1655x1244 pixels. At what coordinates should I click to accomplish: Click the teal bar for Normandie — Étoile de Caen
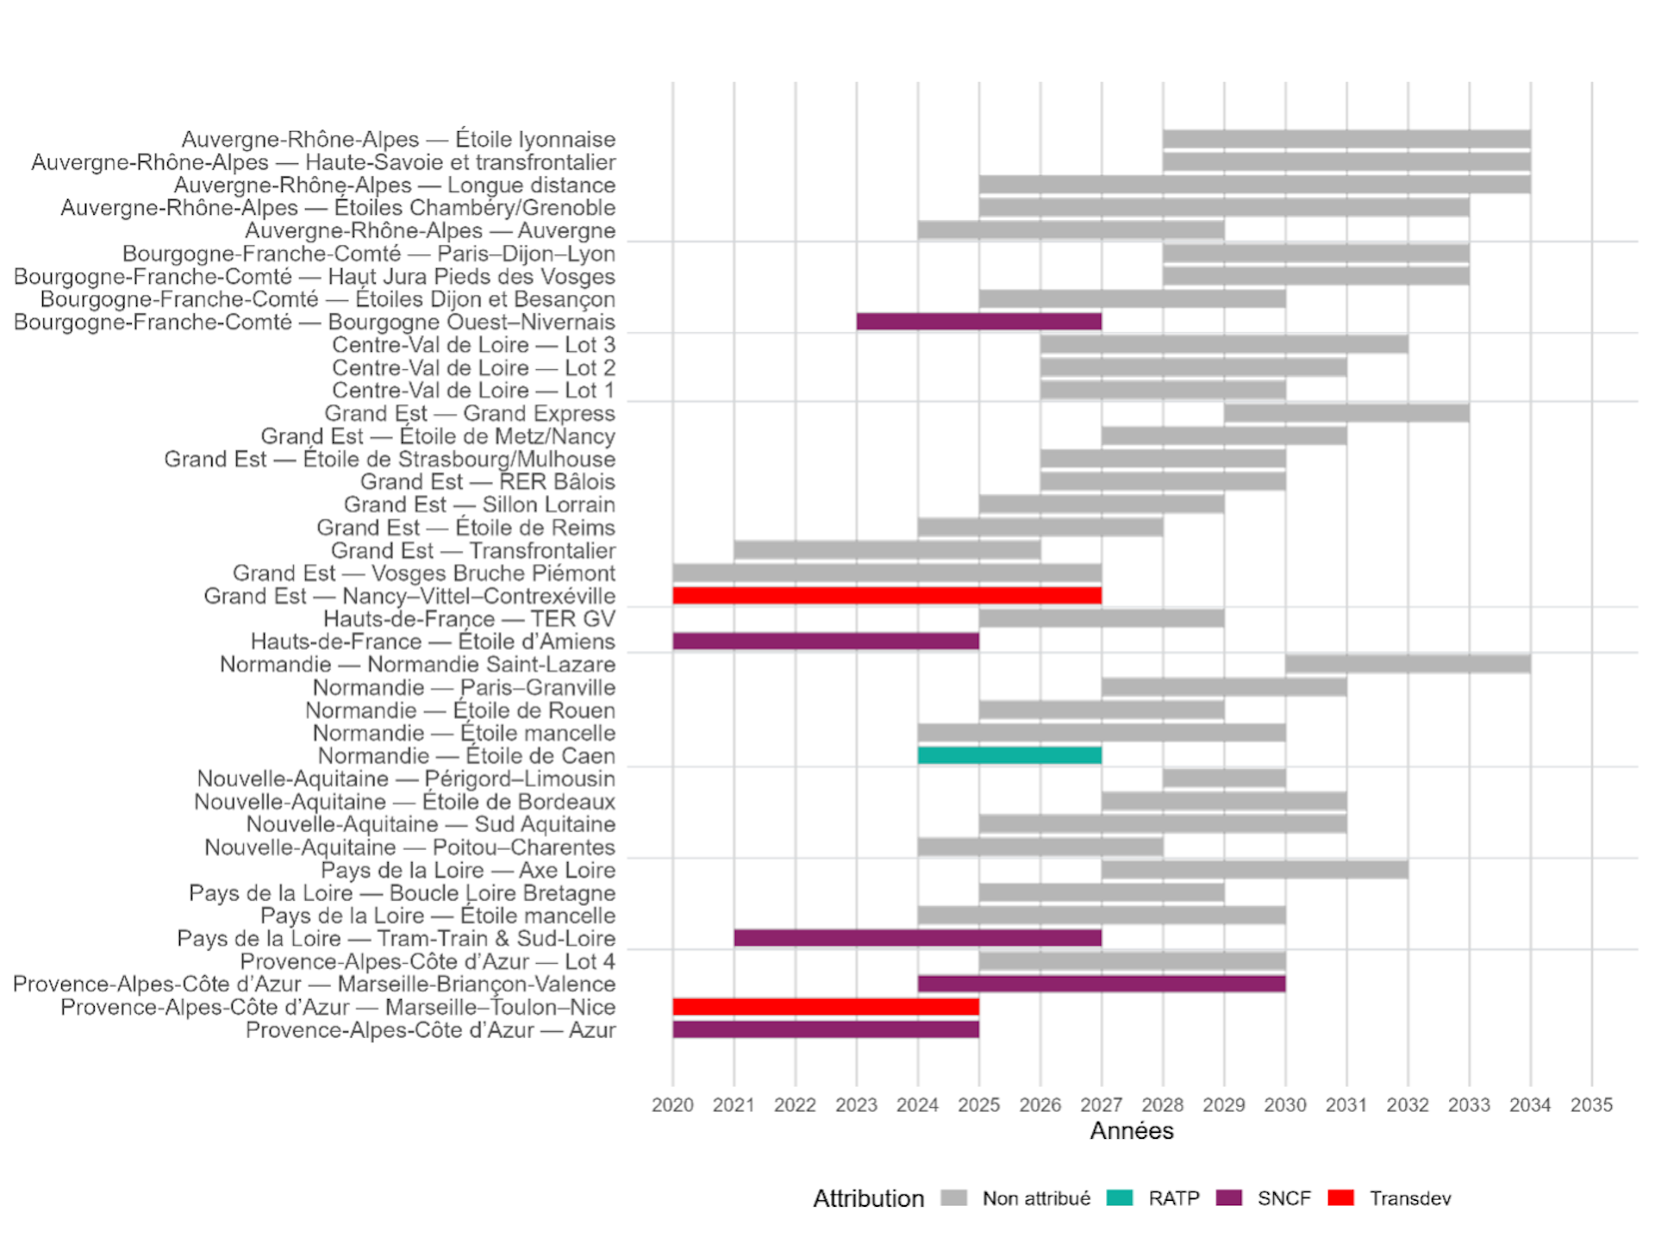[x=1009, y=756]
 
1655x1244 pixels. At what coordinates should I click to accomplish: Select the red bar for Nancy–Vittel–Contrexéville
[x=887, y=596]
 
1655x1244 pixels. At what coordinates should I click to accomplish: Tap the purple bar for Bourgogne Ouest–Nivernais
[x=979, y=322]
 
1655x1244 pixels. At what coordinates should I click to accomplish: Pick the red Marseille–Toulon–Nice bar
[x=826, y=1007]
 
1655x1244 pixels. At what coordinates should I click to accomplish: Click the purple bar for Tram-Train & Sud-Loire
[x=918, y=938]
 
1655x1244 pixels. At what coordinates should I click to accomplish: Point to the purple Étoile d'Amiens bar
[x=826, y=641]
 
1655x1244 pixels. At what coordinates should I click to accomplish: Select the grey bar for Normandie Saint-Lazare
[x=1408, y=664]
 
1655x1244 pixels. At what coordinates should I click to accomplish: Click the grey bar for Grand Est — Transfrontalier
[x=887, y=550]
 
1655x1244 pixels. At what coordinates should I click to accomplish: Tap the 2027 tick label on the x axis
[x=1102, y=1105]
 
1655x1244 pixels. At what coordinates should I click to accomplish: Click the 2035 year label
[x=1591, y=1105]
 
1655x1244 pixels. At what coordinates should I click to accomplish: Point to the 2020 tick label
[x=672, y=1105]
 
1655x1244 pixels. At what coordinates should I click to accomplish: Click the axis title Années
[x=1132, y=1131]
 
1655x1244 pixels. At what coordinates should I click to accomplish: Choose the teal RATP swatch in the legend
[x=1120, y=1198]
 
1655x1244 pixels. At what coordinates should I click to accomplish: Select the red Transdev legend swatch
[x=1341, y=1198]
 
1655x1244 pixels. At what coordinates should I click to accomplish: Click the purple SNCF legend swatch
[x=1229, y=1198]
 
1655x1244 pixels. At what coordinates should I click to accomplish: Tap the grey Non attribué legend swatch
[x=954, y=1198]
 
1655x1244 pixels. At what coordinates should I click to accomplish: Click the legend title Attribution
[x=868, y=1198]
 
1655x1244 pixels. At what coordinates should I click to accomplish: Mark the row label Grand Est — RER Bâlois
[x=488, y=482]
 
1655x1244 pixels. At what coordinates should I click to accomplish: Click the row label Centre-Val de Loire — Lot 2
[x=474, y=368]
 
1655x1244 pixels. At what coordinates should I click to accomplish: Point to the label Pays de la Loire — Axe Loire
[x=468, y=871]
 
